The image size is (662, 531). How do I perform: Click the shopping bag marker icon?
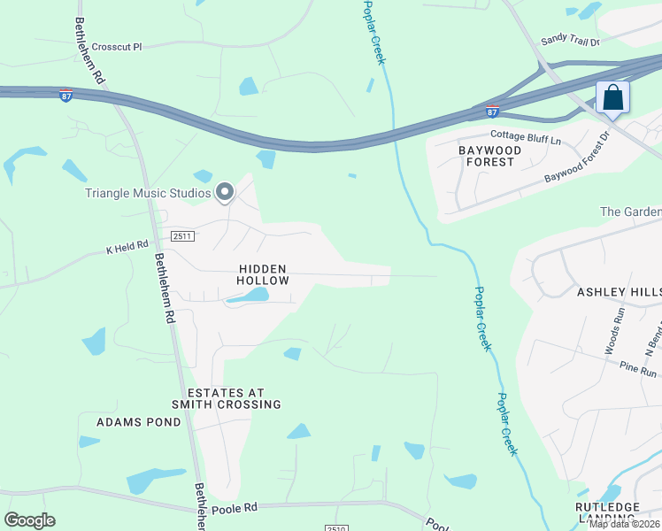pyautogui.click(x=612, y=98)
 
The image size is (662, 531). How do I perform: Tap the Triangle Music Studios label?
pyautogui.click(x=148, y=193)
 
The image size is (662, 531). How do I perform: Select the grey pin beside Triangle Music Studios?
pyautogui.click(x=225, y=191)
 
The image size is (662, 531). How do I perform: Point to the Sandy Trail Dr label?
pyautogui.click(x=570, y=41)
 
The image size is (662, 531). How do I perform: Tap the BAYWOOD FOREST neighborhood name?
pyautogui.click(x=487, y=156)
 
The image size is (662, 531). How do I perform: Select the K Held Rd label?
pyautogui.click(x=127, y=245)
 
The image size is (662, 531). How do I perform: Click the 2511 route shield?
pyautogui.click(x=182, y=236)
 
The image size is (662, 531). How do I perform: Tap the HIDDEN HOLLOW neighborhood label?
pyautogui.click(x=263, y=274)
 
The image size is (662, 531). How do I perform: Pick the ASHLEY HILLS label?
pyautogui.click(x=619, y=291)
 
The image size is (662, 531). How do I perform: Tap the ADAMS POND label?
pyautogui.click(x=138, y=422)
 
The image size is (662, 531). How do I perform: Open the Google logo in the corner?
pyautogui.click(x=29, y=520)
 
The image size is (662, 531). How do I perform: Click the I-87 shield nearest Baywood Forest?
pyautogui.click(x=493, y=112)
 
